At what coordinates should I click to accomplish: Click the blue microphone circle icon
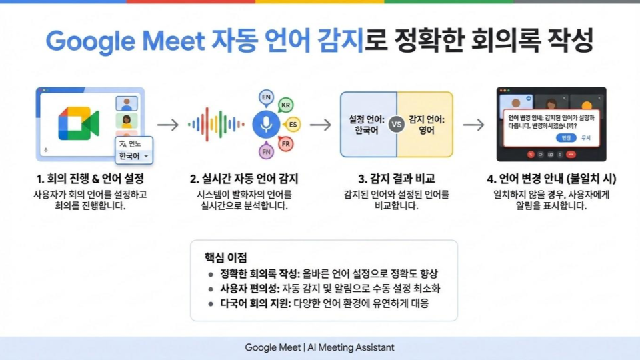tap(266, 124)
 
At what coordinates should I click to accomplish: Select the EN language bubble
tap(266, 98)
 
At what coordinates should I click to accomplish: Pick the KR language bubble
tap(286, 105)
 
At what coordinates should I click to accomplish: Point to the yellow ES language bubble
tap(292, 125)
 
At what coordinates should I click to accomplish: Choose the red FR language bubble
tap(286, 144)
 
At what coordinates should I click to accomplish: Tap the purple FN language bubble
tap(266, 152)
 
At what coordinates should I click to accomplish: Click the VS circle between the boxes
tap(397, 125)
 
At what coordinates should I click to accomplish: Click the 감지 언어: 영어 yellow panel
tap(427, 125)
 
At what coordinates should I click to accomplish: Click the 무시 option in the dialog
tap(586, 137)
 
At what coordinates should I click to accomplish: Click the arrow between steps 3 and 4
tap(473, 125)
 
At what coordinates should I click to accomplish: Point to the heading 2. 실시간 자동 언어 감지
tap(244, 179)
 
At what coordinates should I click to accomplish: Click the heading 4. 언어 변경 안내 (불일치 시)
tap(551, 179)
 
